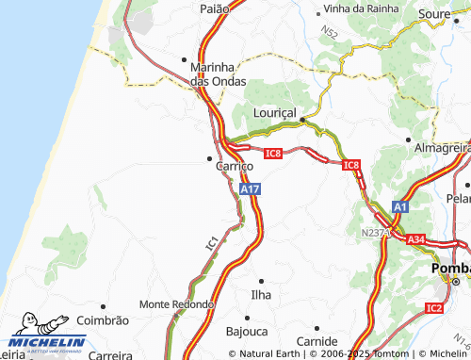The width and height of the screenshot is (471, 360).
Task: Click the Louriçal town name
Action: pyautogui.click(x=275, y=112)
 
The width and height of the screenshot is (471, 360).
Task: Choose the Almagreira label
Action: pyautogui.click(x=442, y=148)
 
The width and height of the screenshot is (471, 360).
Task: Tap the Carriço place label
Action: pyautogui.click(x=234, y=166)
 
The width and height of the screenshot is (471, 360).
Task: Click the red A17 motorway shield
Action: pyautogui.click(x=250, y=189)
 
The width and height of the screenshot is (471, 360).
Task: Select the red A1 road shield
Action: pyautogui.click(x=400, y=206)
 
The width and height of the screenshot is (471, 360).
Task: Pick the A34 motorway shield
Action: pyautogui.click(x=417, y=240)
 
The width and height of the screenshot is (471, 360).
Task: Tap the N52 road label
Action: pyautogui.click(x=328, y=34)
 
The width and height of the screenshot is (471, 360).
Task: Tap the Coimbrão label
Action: pyautogui.click(x=102, y=320)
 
